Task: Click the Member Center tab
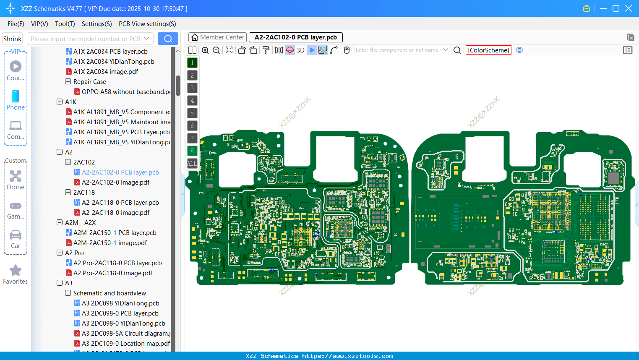pos(218,37)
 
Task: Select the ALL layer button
pos(192,164)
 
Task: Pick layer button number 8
pos(192,151)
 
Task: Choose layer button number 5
pos(192,113)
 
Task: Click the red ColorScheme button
pos(488,50)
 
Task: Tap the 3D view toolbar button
pos(300,50)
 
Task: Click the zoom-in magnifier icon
pos(205,50)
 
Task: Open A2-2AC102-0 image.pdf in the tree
pos(115,183)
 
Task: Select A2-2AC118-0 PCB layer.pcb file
pos(120,203)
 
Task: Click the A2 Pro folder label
pos(74,253)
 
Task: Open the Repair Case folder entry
pos(89,82)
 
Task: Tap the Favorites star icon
pos(16,271)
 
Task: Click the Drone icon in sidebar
pos(16,176)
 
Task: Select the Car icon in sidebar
pos(16,235)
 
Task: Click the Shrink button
pos(12,39)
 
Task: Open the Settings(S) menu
pos(97,24)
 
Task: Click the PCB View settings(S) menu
pos(147,24)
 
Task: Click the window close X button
pos(629,8)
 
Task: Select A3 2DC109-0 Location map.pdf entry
pos(126,344)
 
